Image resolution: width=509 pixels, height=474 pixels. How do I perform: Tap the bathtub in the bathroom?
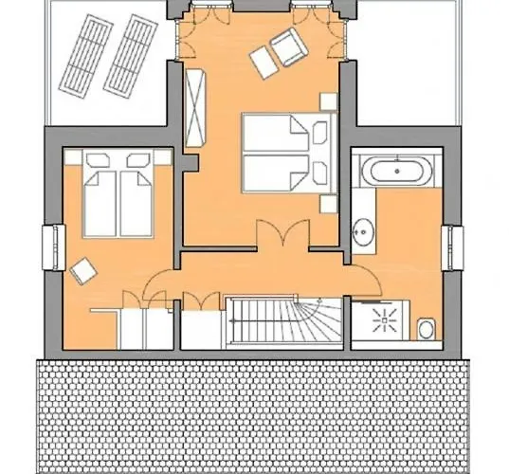(x=398, y=173)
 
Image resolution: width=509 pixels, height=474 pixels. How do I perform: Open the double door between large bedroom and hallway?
(x=282, y=237)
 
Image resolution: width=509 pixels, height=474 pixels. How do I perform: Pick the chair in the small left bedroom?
(x=83, y=271)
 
